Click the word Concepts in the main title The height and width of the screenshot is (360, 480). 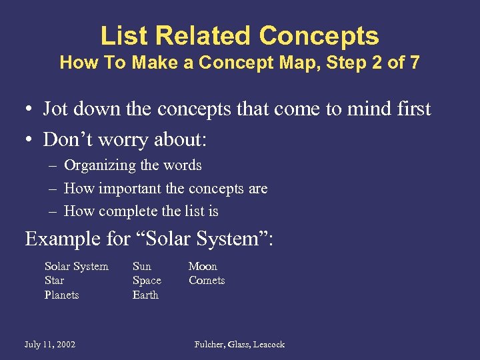click(x=319, y=35)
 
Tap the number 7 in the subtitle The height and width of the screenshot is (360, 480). click(x=415, y=63)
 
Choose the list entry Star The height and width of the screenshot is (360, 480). click(x=54, y=281)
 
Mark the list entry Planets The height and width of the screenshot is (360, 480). click(x=61, y=295)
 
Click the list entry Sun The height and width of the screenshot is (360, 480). click(x=142, y=267)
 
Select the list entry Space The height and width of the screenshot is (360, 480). click(x=147, y=281)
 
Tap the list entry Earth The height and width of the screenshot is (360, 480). click(x=145, y=295)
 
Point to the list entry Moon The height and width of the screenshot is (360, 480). click(x=203, y=267)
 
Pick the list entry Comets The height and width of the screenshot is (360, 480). click(x=207, y=281)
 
